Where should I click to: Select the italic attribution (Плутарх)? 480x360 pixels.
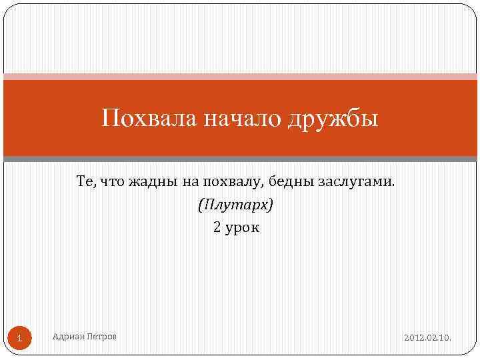click(x=235, y=205)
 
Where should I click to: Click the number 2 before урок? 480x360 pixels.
click(x=217, y=227)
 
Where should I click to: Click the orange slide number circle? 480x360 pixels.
click(x=20, y=338)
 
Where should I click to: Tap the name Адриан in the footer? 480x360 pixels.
click(x=67, y=337)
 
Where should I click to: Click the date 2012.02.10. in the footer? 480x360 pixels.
click(x=427, y=338)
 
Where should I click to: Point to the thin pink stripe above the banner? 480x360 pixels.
click(x=240, y=76)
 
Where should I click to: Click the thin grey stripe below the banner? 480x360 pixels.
click(x=240, y=159)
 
